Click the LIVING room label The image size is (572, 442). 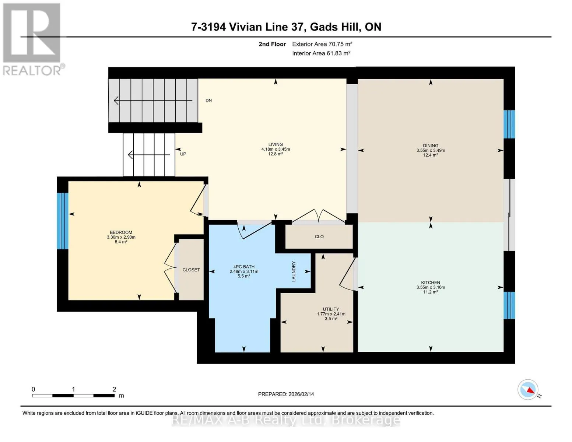coord(276,144)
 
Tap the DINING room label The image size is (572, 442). coord(431,145)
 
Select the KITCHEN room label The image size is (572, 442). coord(431,283)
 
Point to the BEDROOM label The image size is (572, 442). coord(121,232)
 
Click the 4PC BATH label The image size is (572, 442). coord(244,267)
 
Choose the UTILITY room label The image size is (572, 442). coord(331,309)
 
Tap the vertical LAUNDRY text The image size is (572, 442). coord(294,271)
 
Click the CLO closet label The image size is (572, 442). coord(319,237)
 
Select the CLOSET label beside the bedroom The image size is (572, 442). coord(191,270)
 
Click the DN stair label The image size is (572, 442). coord(208,101)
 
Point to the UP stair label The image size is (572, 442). coord(183,154)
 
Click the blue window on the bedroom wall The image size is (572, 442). coord(63,221)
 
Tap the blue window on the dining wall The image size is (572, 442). coord(509,124)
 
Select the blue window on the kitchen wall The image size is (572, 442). coord(509,305)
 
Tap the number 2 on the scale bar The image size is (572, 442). coord(114,389)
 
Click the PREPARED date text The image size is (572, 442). coord(286,394)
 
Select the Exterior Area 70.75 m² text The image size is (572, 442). coord(322,44)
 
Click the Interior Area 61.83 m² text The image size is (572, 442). coord(321,53)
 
